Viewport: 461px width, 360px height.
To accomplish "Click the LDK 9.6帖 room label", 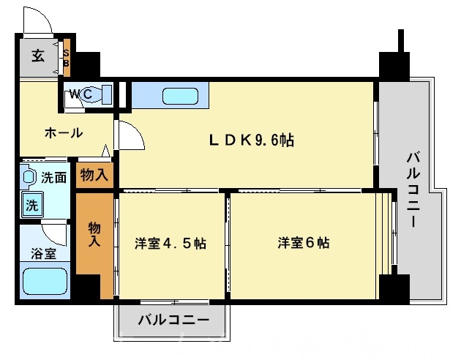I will pos(253,140).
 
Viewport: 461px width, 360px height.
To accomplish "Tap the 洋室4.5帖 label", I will pos(170,243).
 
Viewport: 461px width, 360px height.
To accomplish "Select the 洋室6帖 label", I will pos(302,242).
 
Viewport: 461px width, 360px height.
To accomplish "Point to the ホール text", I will pos(63,133).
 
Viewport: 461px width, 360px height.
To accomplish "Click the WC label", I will pos(80,94).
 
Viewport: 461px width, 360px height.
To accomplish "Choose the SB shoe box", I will pos(66,58).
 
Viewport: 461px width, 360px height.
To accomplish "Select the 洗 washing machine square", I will pos(31,206).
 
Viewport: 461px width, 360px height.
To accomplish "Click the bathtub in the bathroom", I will pos(45,281).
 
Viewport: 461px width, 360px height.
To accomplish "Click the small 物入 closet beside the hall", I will pos(94,175).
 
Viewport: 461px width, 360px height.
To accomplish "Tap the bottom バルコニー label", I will pos(173,320).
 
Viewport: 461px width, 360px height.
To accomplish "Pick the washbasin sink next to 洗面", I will pos(29,176).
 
